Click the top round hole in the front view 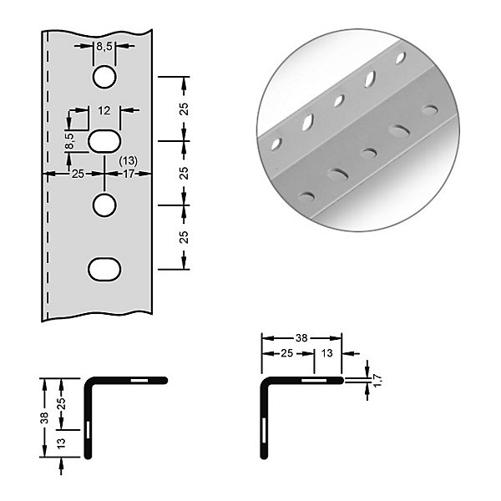click(x=104, y=77)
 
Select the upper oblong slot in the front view click(x=104, y=141)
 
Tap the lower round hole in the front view click(x=104, y=205)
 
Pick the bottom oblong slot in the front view click(x=104, y=269)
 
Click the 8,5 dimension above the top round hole click(x=104, y=47)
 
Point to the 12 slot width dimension click(x=104, y=110)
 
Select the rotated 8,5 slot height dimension click(x=69, y=141)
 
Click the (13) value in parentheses click(x=128, y=160)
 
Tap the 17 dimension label click(x=129, y=174)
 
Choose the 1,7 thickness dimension click(x=377, y=380)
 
